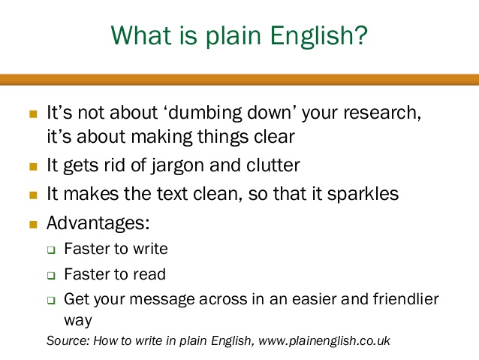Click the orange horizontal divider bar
coord(239,80)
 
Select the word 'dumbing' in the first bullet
coord(204,113)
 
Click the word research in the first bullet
coord(382,113)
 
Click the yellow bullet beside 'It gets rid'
coord(33,167)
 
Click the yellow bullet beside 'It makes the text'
coord(33,195)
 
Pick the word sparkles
coord(363,194)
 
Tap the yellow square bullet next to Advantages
coord(33,225)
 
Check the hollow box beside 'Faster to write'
coord(51,250)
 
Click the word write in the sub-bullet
coord(150,249)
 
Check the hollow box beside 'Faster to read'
coord(51,275)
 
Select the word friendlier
coord(405,299)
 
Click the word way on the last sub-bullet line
coord(78,321)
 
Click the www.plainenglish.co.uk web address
coord(324,340)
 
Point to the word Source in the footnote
coord(68,340)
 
